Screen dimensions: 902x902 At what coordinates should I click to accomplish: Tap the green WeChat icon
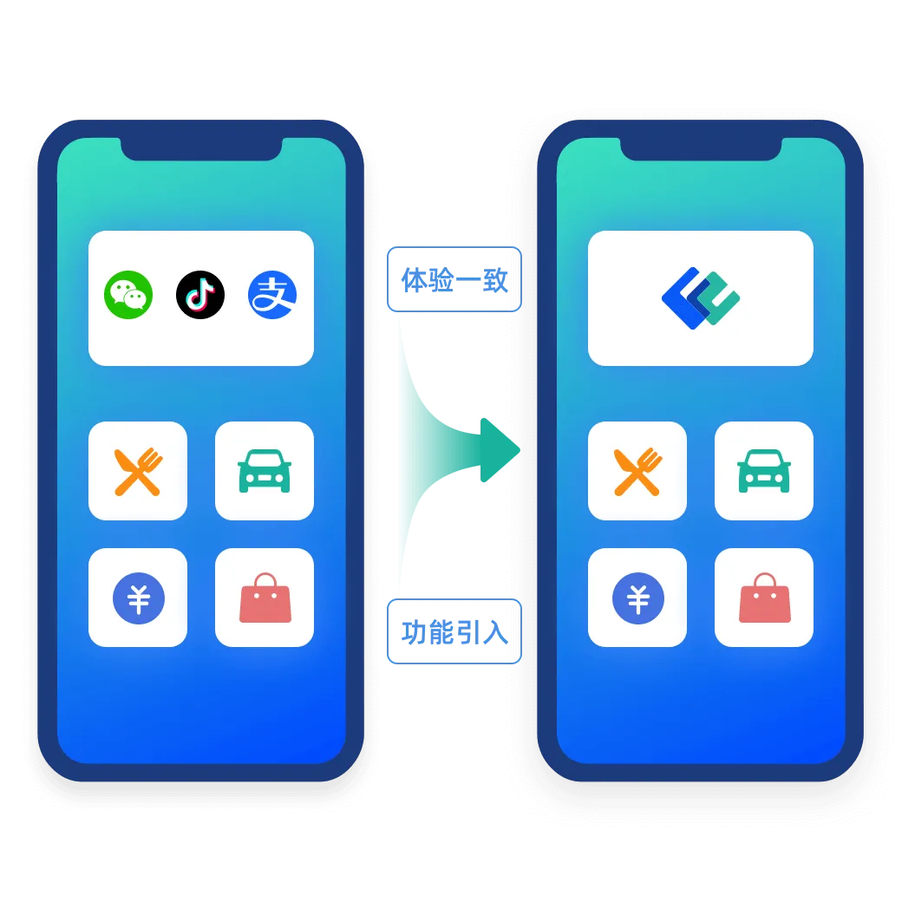[128, 295]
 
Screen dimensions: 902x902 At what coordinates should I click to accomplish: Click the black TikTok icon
[200, 295]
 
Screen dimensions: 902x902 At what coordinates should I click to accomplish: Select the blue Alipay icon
[272, 295]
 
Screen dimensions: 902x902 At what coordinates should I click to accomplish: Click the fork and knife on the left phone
[138, 471]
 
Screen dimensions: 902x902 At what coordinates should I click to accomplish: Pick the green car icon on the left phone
[265, 471]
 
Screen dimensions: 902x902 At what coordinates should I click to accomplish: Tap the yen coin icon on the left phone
[138, 598]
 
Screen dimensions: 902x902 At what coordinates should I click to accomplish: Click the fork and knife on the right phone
[637, 471]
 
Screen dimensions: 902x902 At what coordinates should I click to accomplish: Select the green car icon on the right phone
[764, 471]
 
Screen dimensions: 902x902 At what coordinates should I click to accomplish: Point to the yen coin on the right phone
[637, 598]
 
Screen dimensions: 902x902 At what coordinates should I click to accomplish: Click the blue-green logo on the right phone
[700, 298]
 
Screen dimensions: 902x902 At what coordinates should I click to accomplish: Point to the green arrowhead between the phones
[499, 449]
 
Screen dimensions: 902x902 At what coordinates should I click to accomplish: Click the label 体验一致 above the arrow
[452, 279]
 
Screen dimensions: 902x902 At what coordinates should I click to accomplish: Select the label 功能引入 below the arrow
[452, 631]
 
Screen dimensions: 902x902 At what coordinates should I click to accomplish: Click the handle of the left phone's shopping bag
[265, 580]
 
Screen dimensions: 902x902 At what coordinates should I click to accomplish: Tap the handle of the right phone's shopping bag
[764, 580]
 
